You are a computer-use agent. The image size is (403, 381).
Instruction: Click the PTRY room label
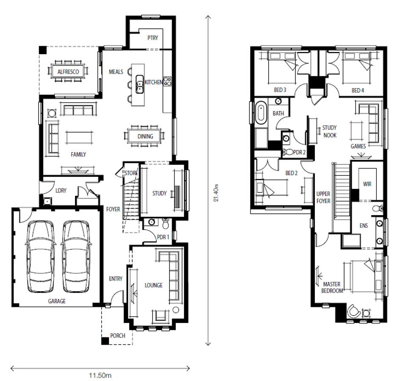153,38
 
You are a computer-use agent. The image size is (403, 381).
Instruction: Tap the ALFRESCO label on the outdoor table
68,72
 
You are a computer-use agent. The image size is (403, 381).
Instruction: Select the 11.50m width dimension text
100,375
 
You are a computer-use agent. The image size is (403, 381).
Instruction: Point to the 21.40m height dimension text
216,193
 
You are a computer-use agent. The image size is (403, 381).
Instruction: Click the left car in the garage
41,256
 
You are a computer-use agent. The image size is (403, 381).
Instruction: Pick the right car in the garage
76,256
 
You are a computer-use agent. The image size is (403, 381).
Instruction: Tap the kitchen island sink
139,84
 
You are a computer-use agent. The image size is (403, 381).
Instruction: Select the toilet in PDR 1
166,224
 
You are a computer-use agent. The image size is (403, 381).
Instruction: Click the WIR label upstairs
367,184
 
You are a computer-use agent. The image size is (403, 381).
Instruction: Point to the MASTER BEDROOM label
332,287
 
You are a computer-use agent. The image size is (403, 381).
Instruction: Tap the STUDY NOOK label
330,132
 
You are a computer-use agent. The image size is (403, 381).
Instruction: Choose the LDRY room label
61,190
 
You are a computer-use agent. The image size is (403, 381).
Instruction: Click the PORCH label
118,336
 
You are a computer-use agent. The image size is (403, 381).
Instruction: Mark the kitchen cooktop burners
167,82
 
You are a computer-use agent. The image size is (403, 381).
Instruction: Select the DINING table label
145,137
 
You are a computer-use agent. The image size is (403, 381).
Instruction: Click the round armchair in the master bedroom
353,311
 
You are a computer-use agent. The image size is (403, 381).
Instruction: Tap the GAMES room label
358,146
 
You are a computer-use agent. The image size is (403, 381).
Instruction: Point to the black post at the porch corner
105,341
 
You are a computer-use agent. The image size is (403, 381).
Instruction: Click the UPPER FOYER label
323,197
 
